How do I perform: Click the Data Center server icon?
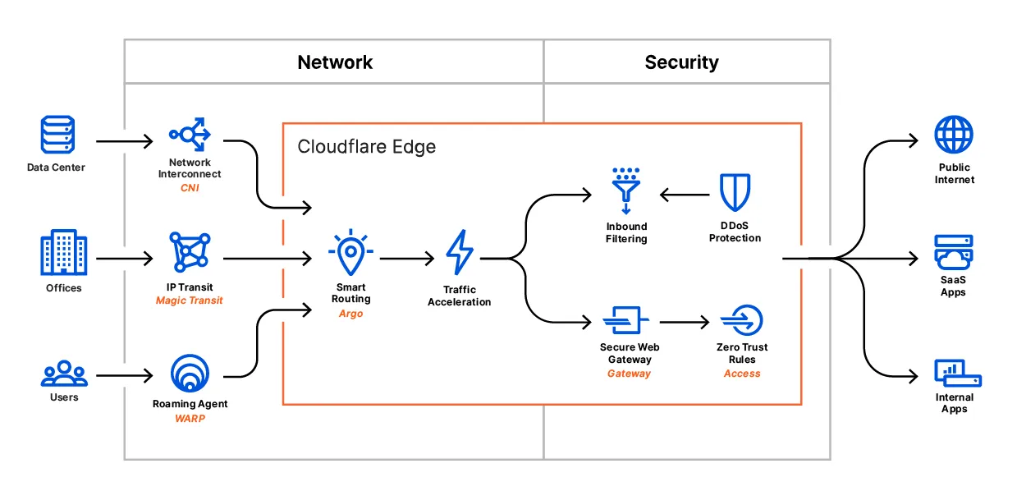click(57, 135)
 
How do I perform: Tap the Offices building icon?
click(63, 252)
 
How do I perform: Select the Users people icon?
click(63, 374)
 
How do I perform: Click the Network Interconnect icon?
click(190, 133)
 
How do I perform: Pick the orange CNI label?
click(190, 188)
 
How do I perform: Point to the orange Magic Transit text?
click(190, 301)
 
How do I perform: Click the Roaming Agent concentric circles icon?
click(190, 374)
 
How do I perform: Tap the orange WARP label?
click(190, 418)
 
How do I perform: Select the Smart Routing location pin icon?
click(350, 252)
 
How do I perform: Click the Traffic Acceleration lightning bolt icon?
click(459, 252)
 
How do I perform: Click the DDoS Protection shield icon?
click(735, 193)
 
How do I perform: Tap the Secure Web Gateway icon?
click(626, 319)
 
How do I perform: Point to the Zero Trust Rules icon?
click(741, 320)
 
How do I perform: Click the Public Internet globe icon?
click(954, 135)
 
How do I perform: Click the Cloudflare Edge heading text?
click(366, 147)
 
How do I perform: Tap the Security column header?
click(681, 62)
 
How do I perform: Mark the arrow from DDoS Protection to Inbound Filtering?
click(685, 195)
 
